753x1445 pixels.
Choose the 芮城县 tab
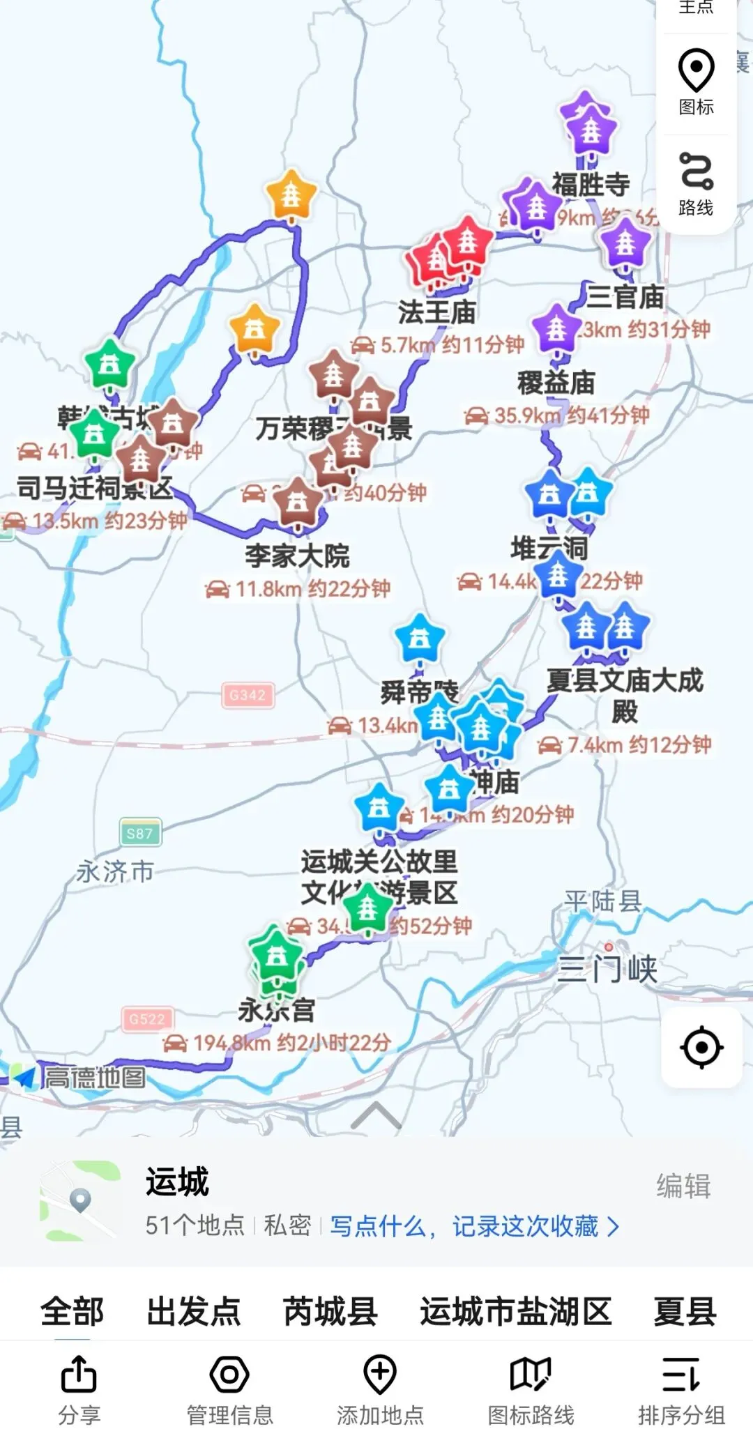330,1312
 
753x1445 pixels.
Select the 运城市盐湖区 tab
515,1312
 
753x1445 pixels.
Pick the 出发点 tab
193,1312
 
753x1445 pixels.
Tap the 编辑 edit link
683,1186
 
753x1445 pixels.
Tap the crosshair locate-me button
701,1047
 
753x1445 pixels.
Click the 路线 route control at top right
696,185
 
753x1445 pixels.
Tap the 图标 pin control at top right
696,82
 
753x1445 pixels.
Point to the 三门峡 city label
607,970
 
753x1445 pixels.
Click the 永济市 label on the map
115,871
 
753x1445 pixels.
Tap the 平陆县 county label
602,901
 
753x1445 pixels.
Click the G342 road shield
248,695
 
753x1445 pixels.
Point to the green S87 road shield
139,833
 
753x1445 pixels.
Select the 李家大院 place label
297,556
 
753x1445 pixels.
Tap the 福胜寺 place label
591,185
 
